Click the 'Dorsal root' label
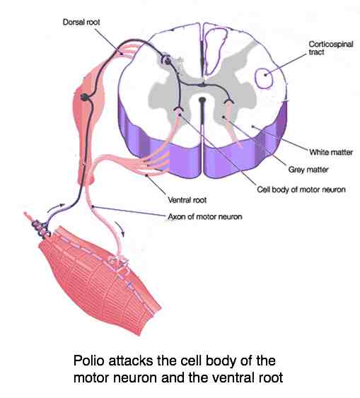coord(81,22)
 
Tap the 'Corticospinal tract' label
coord(330,48)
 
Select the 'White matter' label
coord(331,152)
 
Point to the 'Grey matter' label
coord(308,170)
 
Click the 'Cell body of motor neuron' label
coord(301,189)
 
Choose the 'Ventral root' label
coord(187,200)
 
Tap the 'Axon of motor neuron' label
coord(205,217)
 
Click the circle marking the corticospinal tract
coord(264,78)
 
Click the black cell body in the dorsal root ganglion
coord(85,97)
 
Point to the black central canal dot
coord(202,100)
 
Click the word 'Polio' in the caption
coord(88,361)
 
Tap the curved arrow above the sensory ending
coord(56,207)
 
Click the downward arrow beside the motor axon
coord(120,229)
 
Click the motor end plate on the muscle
coord(118,263)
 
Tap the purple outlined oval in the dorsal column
coord(215,52)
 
